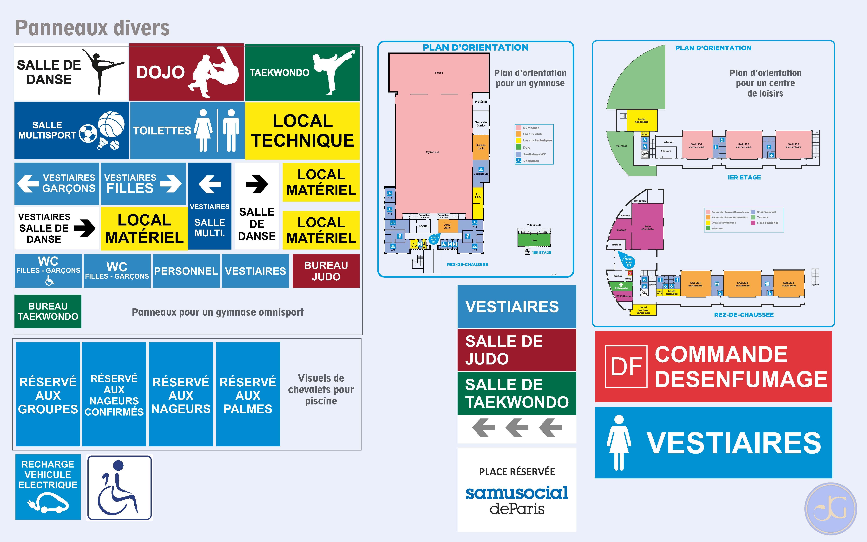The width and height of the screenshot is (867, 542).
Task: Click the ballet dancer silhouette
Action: tap(102, 72)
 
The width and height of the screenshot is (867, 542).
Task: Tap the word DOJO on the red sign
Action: tap(160, 72)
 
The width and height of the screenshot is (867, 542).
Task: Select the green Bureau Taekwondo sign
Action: tap(48, 311)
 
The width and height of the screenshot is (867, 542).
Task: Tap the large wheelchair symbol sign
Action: tap(119, 488)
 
